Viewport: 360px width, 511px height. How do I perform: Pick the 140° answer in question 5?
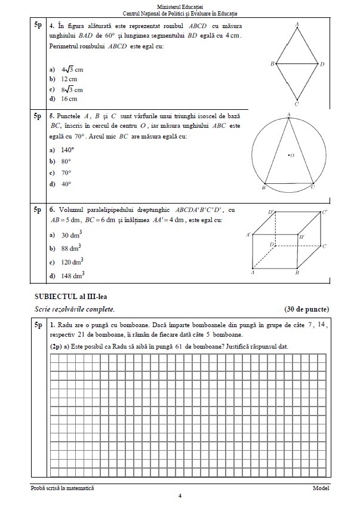pyautogui.click(x=67, y=150)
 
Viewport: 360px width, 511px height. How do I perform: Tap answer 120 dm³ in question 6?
pyautogui.click(x=71, y=261)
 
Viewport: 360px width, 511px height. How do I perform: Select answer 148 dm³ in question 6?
pyautogui.click(x=71, y=275)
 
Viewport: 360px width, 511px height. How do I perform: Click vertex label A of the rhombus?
pyautogui.click(x=297, y=24)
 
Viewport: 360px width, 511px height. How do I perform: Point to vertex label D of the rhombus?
pyautogui.click(x=322, y=64)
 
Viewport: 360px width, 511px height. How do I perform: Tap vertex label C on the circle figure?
pyautogui.click(x=313, y=187)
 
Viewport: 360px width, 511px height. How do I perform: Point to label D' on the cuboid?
pyautogui.click(x=271, y=212)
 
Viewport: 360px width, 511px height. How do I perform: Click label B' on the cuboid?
pyautogui.click(x=302, y=237)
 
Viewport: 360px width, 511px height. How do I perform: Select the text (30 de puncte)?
pyautogui.click(x=307, y=309)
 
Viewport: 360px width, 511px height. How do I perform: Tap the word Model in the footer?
pyautogui.click(x=321, y=488)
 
